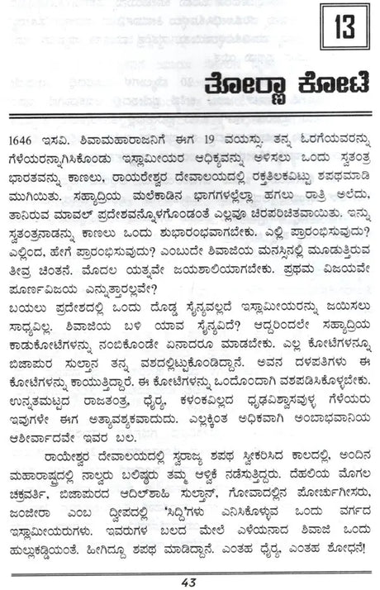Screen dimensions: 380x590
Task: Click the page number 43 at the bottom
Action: click(x=189, y=579)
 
